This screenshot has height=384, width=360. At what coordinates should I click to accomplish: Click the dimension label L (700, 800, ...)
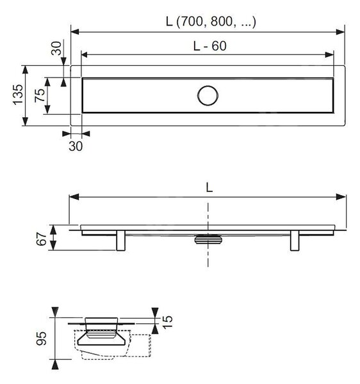point(211,22)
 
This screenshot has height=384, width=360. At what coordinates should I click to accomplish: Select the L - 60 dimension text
point(209,46)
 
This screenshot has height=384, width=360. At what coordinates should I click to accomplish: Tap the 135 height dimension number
point(18,95)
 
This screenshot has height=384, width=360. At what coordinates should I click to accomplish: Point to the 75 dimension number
point(40,95)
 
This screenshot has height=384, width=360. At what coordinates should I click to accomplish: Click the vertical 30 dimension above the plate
point(56,48)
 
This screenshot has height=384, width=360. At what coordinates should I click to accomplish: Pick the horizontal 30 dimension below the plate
point(76,146)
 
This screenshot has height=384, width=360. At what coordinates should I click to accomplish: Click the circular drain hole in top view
point(208,95)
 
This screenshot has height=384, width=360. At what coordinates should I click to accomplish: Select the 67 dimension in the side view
point(42,239)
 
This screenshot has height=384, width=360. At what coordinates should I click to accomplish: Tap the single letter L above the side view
point(209,188)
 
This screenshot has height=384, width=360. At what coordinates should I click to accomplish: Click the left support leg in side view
point(121,240)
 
